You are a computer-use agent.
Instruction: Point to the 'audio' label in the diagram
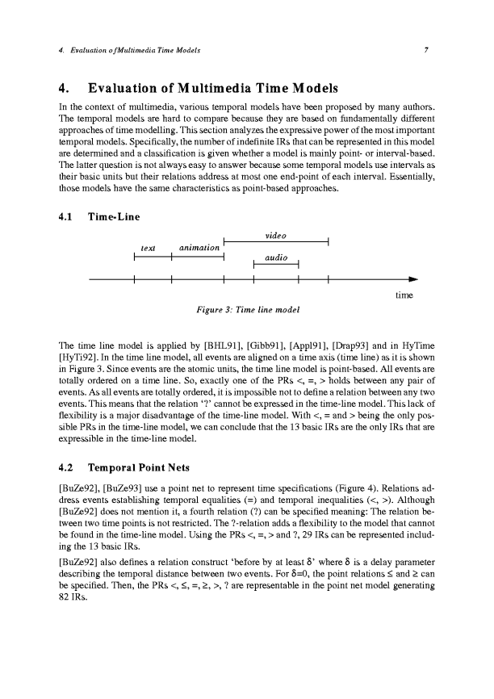[x=277, y=256]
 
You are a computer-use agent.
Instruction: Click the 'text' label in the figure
[x=148, y=248]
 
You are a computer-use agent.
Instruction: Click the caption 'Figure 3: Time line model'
[x=243, y=308]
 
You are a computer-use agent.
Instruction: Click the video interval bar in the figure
[x=275, y=241]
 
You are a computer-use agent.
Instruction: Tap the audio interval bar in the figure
[x=277, y=263]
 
